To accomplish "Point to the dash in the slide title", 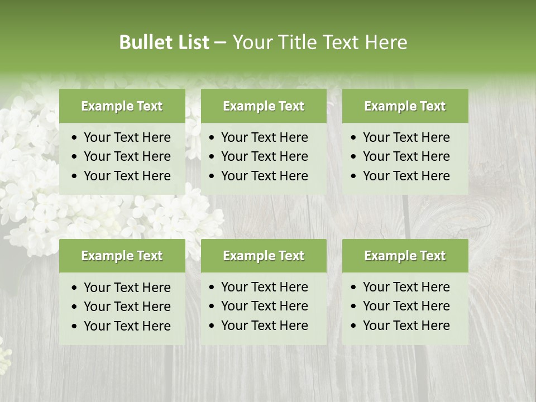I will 221,43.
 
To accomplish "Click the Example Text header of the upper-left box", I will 122,106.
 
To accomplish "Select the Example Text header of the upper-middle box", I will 264,106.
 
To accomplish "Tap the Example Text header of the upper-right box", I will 405,106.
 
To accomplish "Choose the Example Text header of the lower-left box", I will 122,256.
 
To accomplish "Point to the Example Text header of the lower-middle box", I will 264,256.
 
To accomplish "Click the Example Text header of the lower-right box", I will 405,256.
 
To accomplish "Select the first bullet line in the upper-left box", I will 127,137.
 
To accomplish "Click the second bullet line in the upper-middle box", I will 264,156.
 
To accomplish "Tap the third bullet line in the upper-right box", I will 406,176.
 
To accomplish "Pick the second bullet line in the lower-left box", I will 127,307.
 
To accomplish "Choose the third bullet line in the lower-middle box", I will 264,326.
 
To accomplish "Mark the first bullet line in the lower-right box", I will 406,287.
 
